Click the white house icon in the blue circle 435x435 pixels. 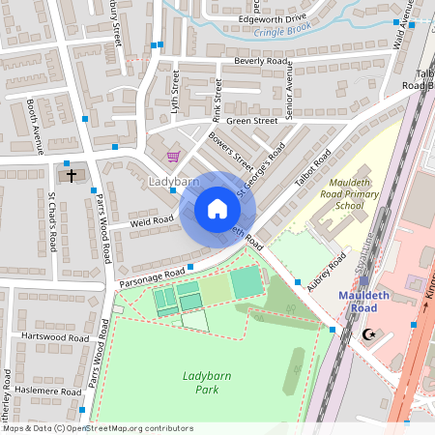pos(217,209)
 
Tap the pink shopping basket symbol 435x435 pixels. pos(173,157)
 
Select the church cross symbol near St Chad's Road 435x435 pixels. pos(71,176)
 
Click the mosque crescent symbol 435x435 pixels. pos(366,334)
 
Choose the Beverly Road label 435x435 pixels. pos(261,60)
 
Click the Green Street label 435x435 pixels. pos(251,121)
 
